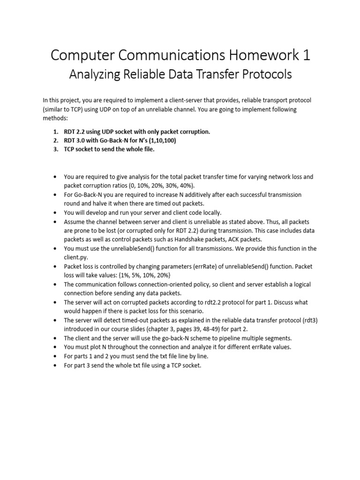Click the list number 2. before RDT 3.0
[55, 140]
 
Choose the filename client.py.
[76, 257]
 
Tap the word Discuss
[281, 302]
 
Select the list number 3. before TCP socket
[55, 149]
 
